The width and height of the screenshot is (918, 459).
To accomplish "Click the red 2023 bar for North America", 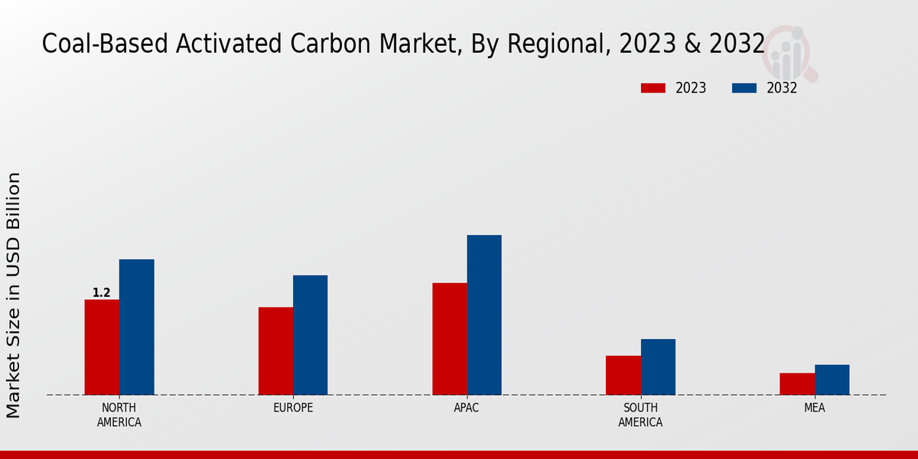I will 102,347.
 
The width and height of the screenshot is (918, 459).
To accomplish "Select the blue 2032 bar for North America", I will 136,327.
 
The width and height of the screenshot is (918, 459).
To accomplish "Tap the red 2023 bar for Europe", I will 275,351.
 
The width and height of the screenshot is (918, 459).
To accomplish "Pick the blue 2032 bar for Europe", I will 310,335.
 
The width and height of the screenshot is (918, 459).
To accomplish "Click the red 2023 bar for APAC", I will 449,339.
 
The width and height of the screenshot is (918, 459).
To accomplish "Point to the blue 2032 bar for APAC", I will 484,315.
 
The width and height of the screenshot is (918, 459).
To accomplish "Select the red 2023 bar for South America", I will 623,376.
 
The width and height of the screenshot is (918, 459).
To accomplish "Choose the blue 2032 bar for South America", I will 658,367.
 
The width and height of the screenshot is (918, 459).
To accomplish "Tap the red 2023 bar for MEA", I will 796,384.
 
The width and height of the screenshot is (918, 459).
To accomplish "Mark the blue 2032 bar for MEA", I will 832,380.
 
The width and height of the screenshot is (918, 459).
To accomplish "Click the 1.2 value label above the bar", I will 102,293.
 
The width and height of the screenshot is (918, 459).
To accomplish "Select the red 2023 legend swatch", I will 653,88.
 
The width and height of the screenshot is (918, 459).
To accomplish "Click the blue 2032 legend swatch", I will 744,88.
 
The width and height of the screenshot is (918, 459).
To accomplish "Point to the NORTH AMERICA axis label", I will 119,415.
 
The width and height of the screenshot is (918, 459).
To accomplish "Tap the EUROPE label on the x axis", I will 293,408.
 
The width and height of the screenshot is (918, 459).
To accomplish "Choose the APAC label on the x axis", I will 467,408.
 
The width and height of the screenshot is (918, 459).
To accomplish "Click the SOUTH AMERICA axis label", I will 640,415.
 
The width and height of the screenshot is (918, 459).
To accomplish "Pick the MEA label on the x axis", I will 814,408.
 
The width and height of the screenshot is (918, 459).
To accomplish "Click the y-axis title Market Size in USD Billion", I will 14,295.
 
